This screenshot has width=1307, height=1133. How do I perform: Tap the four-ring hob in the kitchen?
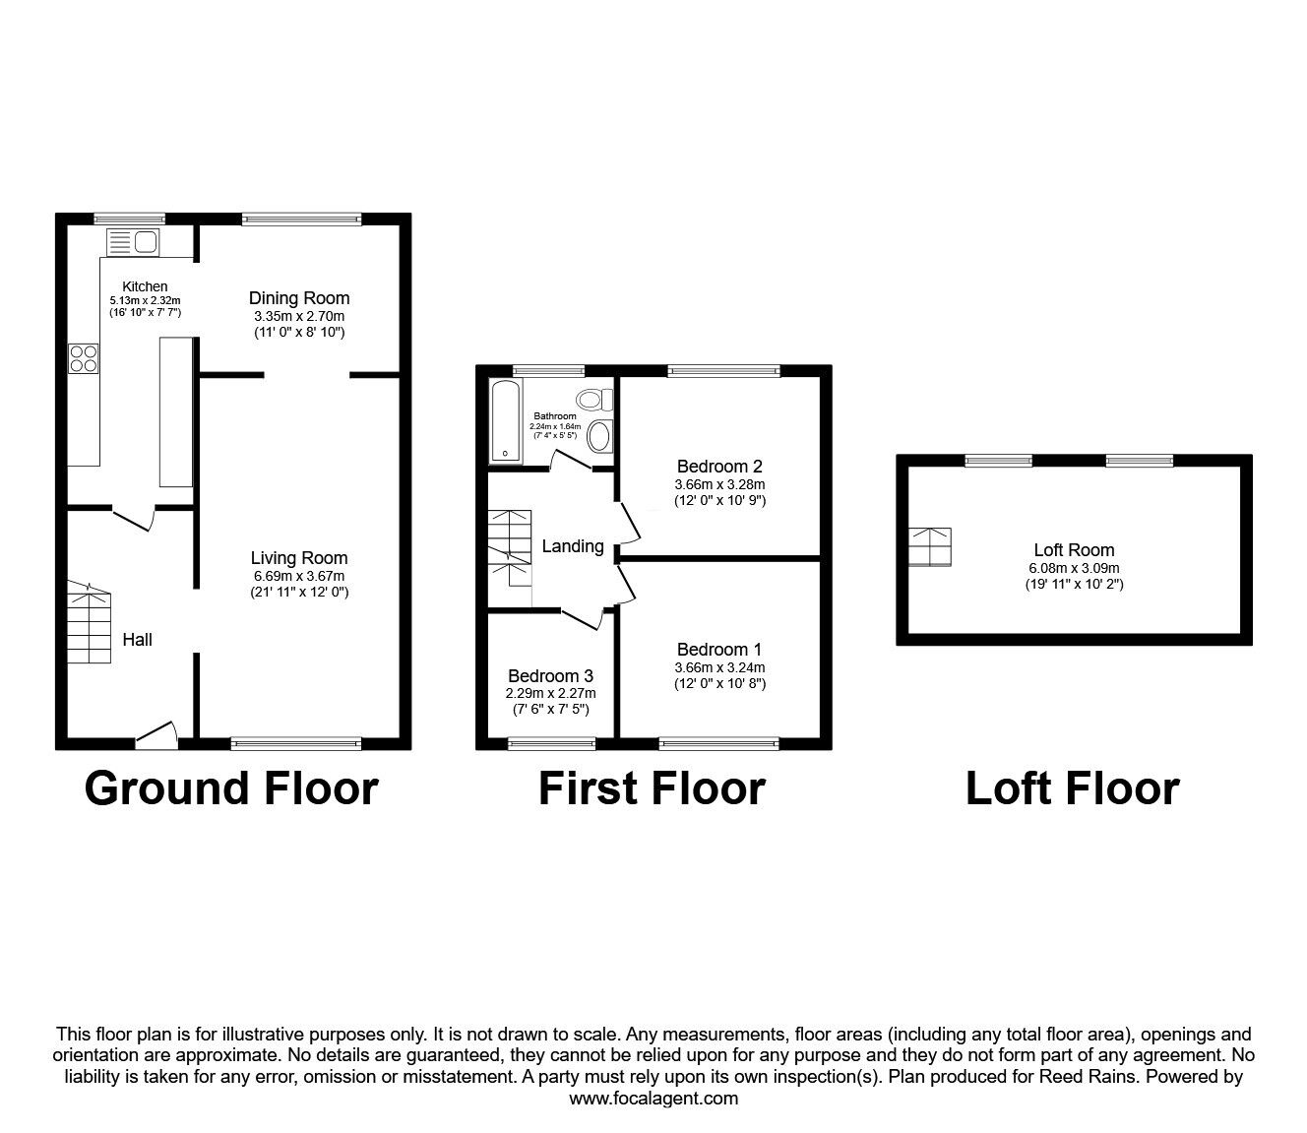click(83, 357)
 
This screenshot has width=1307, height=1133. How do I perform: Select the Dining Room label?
click(298, 298)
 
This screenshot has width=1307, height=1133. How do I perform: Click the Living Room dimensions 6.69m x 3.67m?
click(298, 576)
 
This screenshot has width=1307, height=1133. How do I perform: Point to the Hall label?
click(137, 640)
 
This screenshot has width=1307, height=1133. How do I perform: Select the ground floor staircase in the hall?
click(90, 620)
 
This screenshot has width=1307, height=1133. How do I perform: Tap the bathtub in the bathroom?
click(506, 420)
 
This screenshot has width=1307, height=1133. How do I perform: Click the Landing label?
click(573, 546)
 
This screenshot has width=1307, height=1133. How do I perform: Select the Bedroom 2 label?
click(719, 467)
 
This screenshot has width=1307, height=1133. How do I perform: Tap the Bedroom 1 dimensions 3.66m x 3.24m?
click(719, 666)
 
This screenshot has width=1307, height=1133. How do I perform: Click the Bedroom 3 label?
click(550, 676)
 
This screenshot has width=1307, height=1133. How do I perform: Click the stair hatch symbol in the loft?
click(930, 547)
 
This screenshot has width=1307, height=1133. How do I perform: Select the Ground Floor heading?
click(231, 788)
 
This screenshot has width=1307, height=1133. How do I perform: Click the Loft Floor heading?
click(1072, 788)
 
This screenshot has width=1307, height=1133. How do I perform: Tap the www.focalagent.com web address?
click(653, 1099)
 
